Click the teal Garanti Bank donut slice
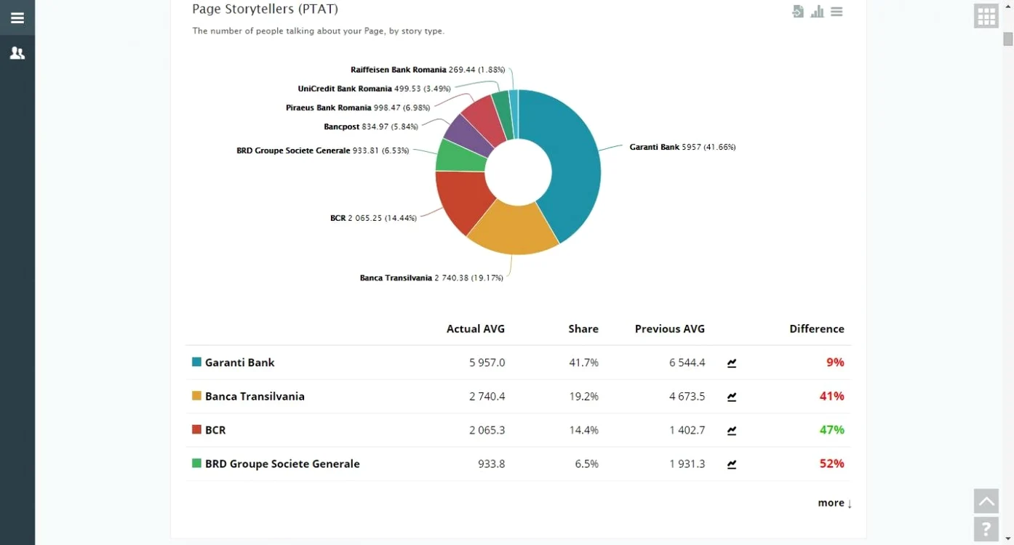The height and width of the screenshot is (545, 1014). click(575, 167)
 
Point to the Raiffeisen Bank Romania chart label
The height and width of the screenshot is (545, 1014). click(427, 70)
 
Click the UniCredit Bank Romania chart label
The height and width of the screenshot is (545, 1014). click(374, 89)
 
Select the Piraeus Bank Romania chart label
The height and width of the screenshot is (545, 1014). click(358, 108)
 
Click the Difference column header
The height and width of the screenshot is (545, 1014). click(817, 328)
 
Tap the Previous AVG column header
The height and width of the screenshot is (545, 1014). click(669, 328)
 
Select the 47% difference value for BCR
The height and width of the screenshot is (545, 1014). click(832, 429)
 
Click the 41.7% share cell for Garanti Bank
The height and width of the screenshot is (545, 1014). click(583, 363)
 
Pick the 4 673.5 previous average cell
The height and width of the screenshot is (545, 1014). click(687, 396)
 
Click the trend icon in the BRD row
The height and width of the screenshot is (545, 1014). click(732, 464)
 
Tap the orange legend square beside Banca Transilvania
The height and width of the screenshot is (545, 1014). click(196, 396)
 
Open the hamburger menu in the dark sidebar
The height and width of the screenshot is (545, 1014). click(17, 17)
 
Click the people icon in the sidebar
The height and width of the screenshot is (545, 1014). click(17, 53)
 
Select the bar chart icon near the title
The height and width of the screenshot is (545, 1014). click(817, 12)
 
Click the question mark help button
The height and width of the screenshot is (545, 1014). click(986, 529)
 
